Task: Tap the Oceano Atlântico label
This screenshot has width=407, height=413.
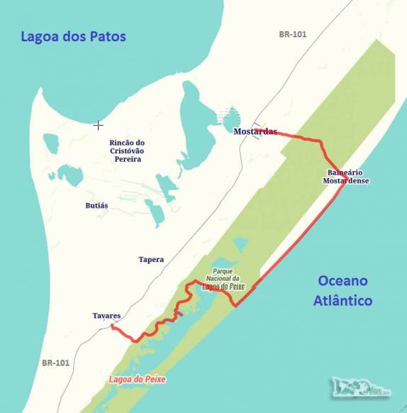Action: point(343,290)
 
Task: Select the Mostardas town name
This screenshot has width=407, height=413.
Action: point(255,131)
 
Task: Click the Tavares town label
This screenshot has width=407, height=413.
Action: point(106,315)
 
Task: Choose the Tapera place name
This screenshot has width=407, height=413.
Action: point(151,260)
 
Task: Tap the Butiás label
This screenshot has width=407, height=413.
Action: point(96,205)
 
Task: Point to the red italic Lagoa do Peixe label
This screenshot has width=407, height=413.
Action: point(137,380)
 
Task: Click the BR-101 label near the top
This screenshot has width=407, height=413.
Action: point(293,34)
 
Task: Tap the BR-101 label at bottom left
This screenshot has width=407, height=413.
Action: point(55,363)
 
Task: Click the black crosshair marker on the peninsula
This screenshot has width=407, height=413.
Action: point(98,125)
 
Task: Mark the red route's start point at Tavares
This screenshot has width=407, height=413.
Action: point(112,326)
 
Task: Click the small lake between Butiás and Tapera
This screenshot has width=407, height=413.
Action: point(155,212)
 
